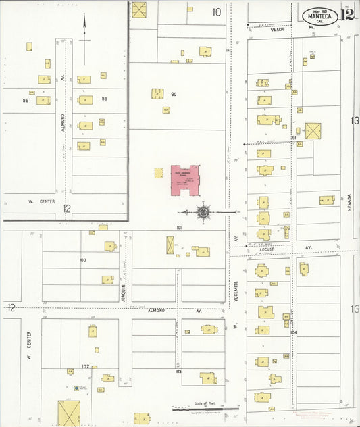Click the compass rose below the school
click(x=203, y=213)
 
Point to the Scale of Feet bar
click(x=205, y=408)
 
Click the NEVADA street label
click(x=351, y=201)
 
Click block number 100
click(x=82, y=259)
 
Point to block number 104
click(x=293, y=332)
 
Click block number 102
click(x=85, y=366)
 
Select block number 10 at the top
click(x=217, y=11)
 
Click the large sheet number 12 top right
click(x=346, y=15)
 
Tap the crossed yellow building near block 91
click(x=313, y=130)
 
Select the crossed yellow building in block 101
click(x=170, y=245)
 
